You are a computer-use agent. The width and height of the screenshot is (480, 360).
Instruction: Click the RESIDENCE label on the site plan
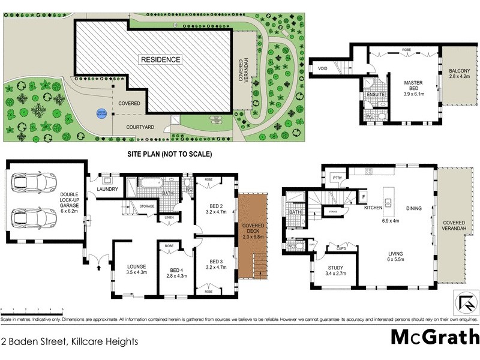click(160, 59)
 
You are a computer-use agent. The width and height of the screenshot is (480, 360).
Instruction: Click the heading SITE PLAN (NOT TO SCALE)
click(169, 154)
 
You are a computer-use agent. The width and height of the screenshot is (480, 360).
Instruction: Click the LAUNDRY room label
click(107, 190)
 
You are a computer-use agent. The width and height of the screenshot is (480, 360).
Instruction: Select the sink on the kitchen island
click(389, 202)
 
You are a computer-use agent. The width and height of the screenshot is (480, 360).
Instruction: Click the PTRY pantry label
click(336, 177)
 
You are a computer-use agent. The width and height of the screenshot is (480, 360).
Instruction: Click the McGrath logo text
click(435, 337)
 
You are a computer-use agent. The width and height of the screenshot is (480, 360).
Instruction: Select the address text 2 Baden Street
click(70, 341)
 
